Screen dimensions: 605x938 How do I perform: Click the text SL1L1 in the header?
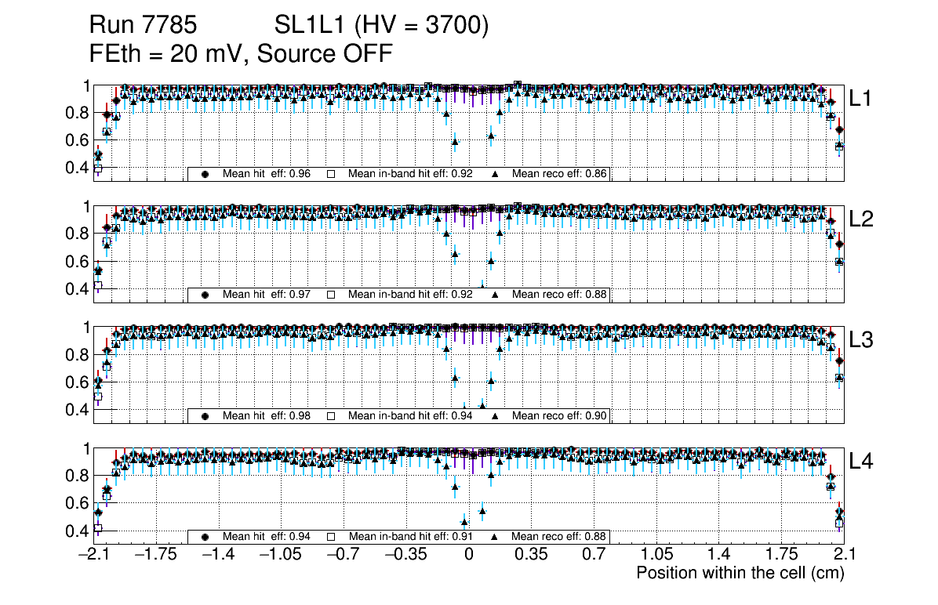tap(312, 27)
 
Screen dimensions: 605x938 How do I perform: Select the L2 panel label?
tap(862, 219)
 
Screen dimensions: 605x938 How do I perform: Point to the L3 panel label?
tap(862, 340)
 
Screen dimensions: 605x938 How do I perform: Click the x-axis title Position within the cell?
tap(740, 573)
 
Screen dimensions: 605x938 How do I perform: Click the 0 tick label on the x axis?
tap(469, 555)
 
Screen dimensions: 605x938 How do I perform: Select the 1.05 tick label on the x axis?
tap(656, 555)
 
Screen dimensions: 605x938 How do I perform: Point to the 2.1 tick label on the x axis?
tap(843, 555)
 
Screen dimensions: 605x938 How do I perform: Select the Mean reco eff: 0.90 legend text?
tap(560, 415)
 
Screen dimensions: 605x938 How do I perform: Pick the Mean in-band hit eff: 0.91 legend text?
tap(410, 537)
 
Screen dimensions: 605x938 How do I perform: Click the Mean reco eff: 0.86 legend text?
tap(560, 174)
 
